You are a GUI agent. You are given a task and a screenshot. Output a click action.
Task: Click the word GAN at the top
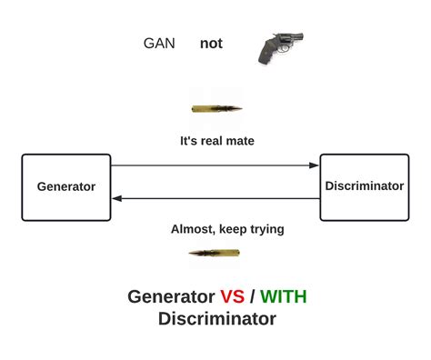(x=159, y=44)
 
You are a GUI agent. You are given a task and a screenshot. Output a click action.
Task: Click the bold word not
(x=211, y=44)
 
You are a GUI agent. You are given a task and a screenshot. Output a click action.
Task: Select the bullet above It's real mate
(x=216, y=108)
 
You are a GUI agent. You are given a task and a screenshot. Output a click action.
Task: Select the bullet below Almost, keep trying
(x=214, y=253)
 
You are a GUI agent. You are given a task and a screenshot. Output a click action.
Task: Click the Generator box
(x=65, y=187)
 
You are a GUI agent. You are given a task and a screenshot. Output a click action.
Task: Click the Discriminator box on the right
(x=364, y=186)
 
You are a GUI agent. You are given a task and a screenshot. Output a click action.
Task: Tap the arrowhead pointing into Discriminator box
(x=315, y=165)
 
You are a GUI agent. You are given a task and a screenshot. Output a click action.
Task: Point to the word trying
(x=265, y=230)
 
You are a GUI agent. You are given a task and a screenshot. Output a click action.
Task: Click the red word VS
(x=232, y=297)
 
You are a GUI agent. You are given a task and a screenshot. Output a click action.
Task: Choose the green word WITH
(x=290, y=297)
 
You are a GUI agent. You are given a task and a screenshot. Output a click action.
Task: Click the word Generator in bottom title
(x=171, y=297)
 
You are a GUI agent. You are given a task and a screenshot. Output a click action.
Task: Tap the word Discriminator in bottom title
(x=216, y=319)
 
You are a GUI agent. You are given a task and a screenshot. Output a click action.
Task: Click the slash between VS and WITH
(x=253, y=297)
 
